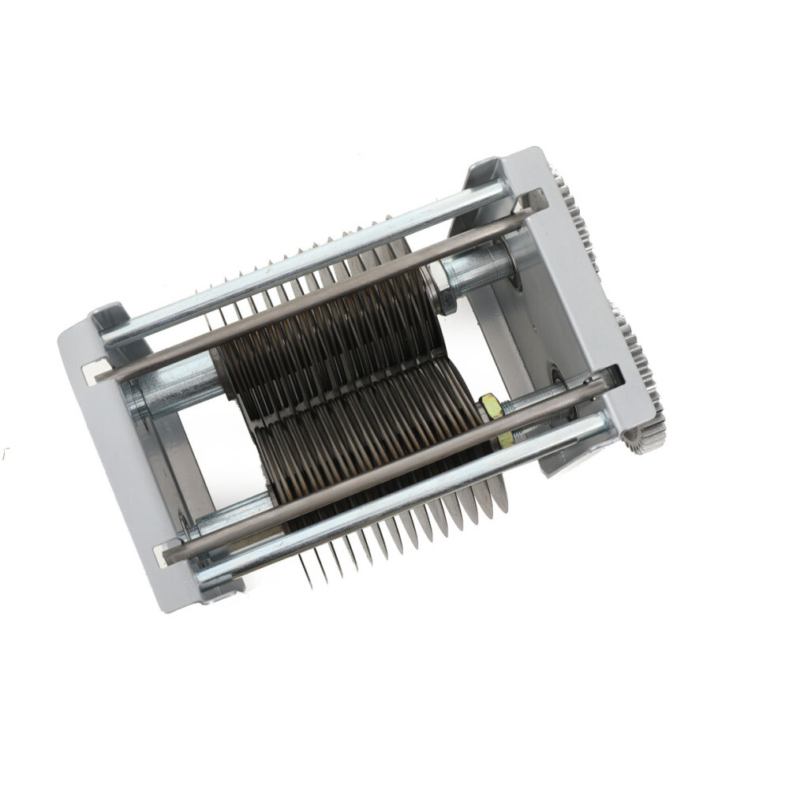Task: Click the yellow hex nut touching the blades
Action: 491,406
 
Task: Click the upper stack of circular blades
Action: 331,331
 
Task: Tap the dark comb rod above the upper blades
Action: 316,300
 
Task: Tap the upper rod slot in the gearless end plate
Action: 95,369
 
